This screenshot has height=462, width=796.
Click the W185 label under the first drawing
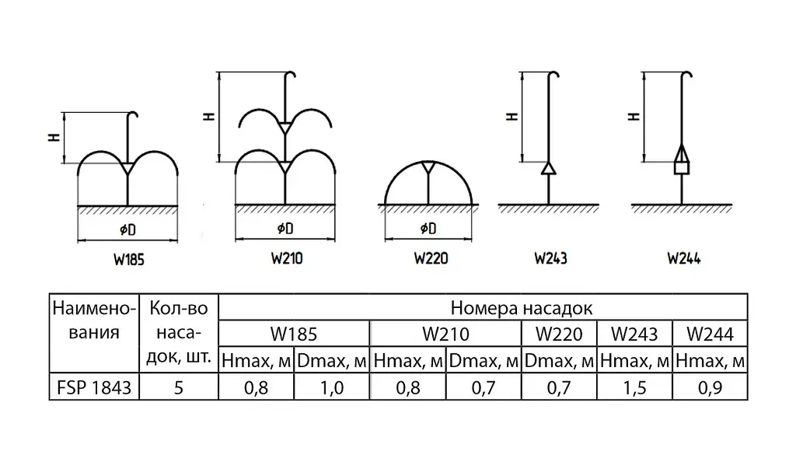pos(129,260)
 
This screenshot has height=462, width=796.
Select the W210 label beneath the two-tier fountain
pos(287,258)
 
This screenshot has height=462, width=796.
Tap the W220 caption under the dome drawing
pos(431,258)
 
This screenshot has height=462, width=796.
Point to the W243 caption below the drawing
pos(551,258)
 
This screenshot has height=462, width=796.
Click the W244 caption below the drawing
pos(684,258)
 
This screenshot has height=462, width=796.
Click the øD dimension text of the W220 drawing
pos(428,229)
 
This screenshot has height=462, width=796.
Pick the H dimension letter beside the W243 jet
pos(512,116)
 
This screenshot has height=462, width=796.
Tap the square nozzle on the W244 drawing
pos(682,167)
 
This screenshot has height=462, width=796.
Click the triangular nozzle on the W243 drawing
pos(549,168)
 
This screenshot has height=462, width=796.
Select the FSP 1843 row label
pos(94,388)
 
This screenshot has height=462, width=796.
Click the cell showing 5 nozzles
pos(179,388)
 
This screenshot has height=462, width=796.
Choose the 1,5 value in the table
pos(634,388)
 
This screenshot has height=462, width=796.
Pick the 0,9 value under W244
pos(710,388)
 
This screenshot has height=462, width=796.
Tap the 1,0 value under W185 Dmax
pos(332,388)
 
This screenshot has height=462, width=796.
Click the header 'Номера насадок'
pos(522,308)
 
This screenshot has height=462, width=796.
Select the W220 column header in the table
pos(559,334)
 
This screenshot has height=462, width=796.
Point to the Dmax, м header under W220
pos(559,361)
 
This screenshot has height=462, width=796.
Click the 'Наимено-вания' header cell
pos(94,320)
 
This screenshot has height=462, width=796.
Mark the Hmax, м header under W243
pos(634,361)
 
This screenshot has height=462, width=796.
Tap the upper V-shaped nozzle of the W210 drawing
pos(285,128)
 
